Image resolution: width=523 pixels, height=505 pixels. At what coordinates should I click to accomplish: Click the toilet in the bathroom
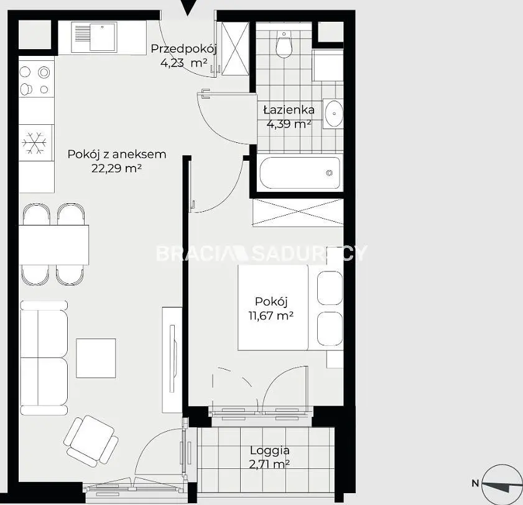pyautogui.click(x=284, y=44)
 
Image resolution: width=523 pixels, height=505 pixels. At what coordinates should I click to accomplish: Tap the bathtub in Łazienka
pyautogui.click(x=300, y=173)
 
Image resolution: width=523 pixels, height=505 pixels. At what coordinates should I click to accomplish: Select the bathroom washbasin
pyautogui.click(x=333, y=113)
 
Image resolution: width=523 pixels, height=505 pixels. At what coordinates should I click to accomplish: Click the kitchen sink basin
pyautogui.click(x=103, y=37)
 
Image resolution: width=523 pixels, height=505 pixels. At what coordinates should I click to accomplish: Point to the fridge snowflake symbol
pyautogui.click(x=34, y=143)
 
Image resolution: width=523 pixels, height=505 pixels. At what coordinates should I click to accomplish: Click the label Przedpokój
pyautogui.click(x=184, y=48)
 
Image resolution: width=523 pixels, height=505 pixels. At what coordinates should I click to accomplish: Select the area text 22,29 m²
pyautogui.click(x=117, y=168)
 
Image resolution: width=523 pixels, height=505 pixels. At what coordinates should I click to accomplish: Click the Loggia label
pyautogui.click(x=270, y=451)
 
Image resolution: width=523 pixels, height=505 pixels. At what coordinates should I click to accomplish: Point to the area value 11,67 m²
pyautogui.click(x=271, y=315)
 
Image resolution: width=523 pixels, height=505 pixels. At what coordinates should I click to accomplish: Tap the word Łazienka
pyautogui.click(x=289, y=109)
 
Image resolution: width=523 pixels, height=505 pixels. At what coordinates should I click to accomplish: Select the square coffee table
pyautogui.click(x=96, y=358)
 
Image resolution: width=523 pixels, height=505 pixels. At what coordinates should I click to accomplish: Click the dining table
pyautogui.click(x=53, y=245)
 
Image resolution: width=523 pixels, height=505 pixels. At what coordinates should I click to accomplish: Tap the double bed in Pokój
pyautogui.click(x=290, y=307)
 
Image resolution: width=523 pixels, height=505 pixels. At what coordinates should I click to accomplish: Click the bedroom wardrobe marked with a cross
pyautogui.click(x=298, y=212)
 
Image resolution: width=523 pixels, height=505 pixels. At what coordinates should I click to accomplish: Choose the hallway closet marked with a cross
pyautogui.click(x=236, y=49)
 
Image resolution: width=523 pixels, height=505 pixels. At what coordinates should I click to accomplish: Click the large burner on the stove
pyautogui.click(x=44, y=72)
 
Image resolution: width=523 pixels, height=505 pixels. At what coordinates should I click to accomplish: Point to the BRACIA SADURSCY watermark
pyautogui.click(x=261, y=253)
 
